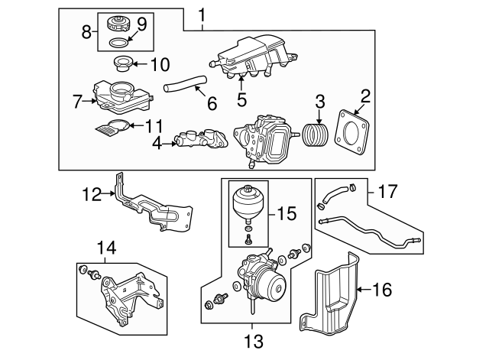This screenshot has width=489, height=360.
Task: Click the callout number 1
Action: click(x=202, y=15)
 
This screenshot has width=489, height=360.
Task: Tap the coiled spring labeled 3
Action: click(x=315, y=135)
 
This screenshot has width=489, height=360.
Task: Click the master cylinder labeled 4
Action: click(x=202, y=140)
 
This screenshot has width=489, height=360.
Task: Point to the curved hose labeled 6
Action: click(x=185, y=83)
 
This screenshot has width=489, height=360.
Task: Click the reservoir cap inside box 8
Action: click(x=118, y=24)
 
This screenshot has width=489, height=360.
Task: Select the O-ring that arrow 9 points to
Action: click(x=118, y=43)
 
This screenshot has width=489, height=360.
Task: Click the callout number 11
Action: click(x=154, y=125)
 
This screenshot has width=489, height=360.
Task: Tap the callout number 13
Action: click(x=254, y=341)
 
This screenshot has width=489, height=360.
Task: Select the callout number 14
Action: click(x=106, y=248)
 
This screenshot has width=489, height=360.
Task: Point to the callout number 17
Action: click(x=388, y=191)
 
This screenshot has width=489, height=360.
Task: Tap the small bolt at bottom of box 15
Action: click(x=248, y=239)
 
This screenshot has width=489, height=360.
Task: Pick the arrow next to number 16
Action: click(x=364, y=290)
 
